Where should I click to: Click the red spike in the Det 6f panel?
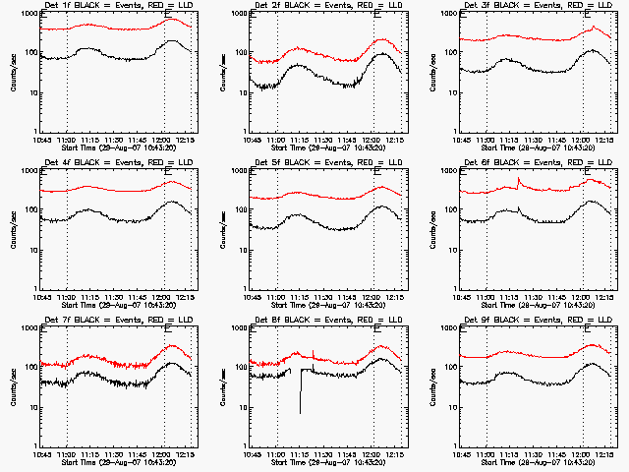pos(518,181)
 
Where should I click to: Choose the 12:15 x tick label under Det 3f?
pos(604,140)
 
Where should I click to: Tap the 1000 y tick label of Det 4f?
pos(27,171)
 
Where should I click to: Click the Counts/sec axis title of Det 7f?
pos(13,386)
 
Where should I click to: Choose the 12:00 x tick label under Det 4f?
pos(163,297)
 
